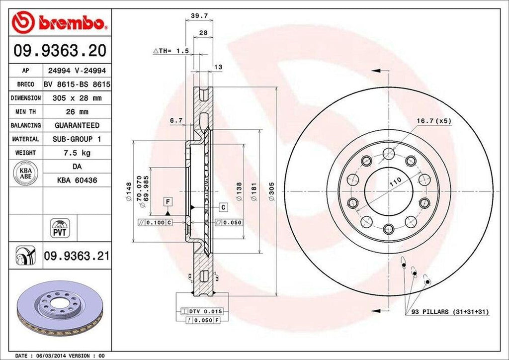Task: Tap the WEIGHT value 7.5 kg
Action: [x=77, y=153]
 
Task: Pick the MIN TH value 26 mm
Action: [x=77, y=112]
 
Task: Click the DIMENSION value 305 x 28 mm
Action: [x=77, y=98]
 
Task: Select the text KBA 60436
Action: [x=77, y=180]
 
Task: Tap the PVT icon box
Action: [x=60, y=227]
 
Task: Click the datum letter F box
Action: [x=169, y=201]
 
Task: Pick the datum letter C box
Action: [x=223, y=206]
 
